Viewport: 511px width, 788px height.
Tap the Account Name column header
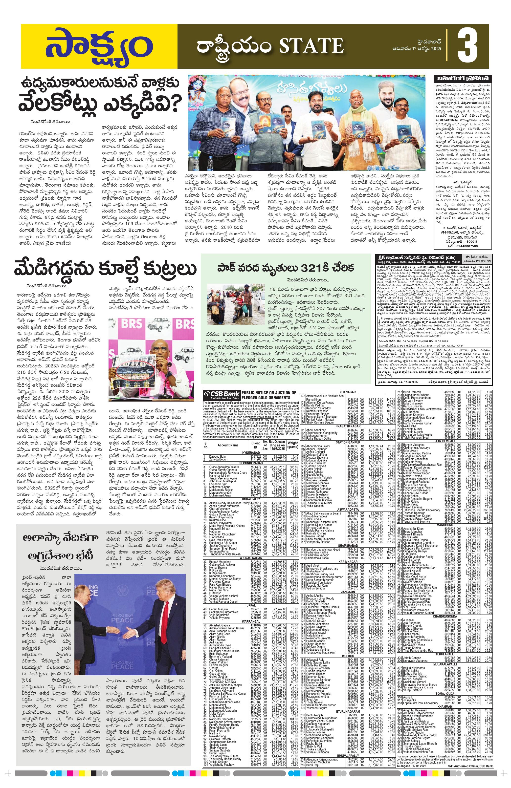click(x=228, y=445)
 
